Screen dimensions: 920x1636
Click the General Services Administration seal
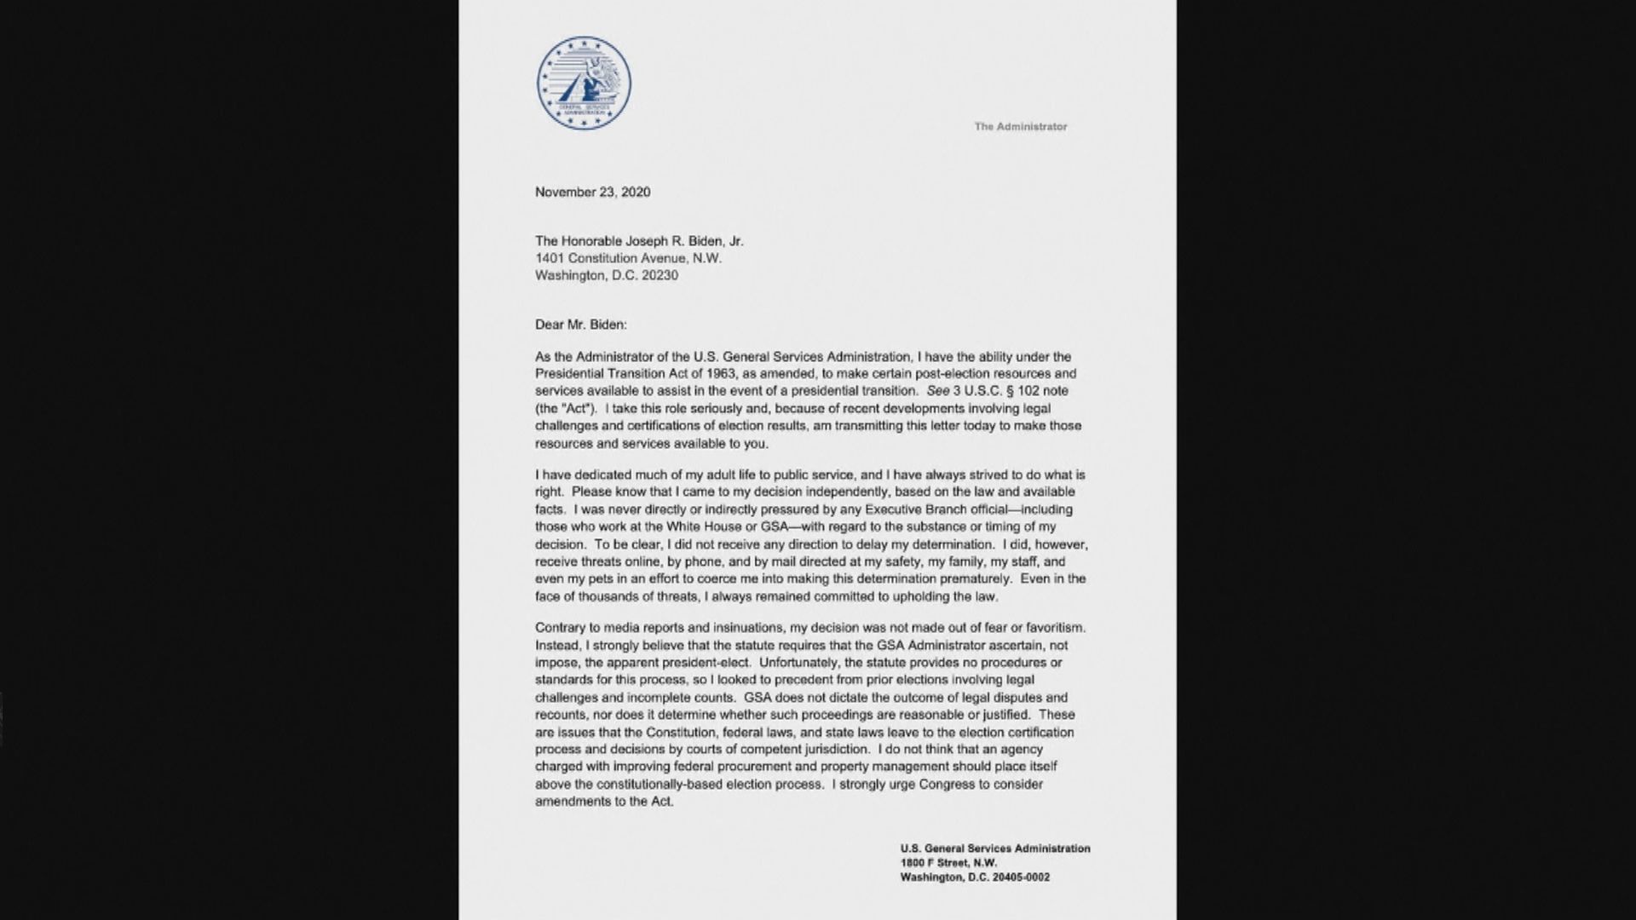pyautogui.click(x=584, y=83)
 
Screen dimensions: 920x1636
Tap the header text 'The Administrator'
pyautogui.click(x=1020, y=127)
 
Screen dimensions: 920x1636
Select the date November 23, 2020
pyautogui.click(x=592, y=193)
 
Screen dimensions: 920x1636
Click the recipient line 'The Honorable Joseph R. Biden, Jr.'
pyautogui.click(x=639, y=241)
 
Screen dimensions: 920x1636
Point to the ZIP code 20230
pyautogui.click(x=660, y=276)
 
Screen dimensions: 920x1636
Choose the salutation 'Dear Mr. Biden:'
pyautogui.click(x=580, y=325)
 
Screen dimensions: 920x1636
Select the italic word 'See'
pyautogui.click(x=937, y=391)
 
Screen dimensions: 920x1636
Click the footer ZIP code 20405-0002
pyautogui.click(x=1020, y=877)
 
